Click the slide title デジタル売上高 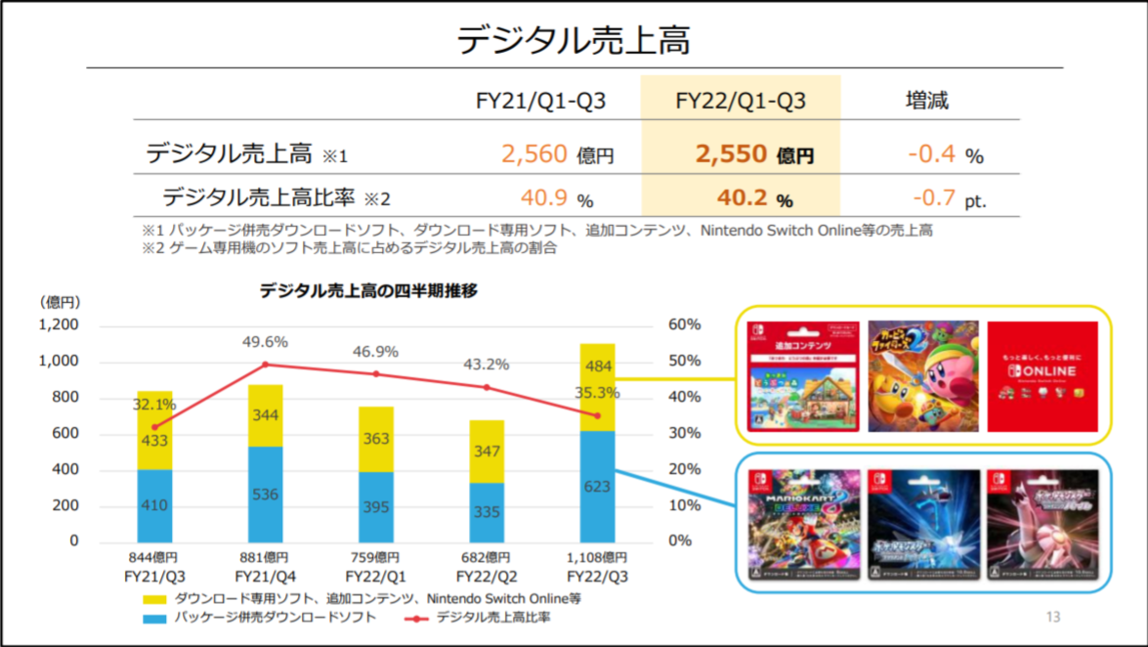pyautogui.click(x=574, y=40)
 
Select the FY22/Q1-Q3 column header pyautogui.click(x=741, y=101)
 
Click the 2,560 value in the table pyautogui.click(x=534, y=153)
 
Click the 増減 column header pyautogui.click(x=927, y=101)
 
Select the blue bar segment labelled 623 pyautogui.click(x=598, y=487)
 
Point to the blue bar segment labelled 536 pyautogui.click(x=266, y=494)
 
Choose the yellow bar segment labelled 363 pyautogui.click(x=376, y=439)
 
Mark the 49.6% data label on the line pyautogui.click(x=266, y=342)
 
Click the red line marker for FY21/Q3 pyautogui.click(x=154, y=427)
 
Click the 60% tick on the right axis pyautogui.click(x=685, y=324)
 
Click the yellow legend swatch pyautogui.click(x=154, y=598)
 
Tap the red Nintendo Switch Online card pyautogui.click(x=1042, y=376)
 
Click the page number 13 pyautogui.click(x=1052, y=617)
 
